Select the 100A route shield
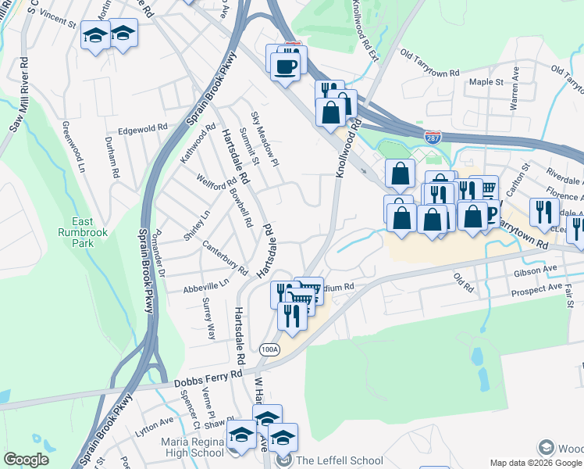[270, 349]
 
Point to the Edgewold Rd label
[143, 128]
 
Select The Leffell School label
[328, 460]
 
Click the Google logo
[26, 460]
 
